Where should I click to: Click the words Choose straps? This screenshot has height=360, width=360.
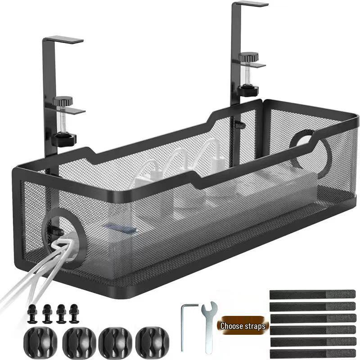(243, 326)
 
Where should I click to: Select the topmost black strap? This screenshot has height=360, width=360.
(312, 294)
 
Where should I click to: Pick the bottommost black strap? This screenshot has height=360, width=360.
(313, 353)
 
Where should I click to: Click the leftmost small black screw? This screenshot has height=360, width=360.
(32, 313)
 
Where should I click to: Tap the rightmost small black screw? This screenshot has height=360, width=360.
(74, 313)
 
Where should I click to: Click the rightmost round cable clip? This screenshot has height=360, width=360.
(153, 342)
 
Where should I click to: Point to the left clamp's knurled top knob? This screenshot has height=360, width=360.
(63, 100)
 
